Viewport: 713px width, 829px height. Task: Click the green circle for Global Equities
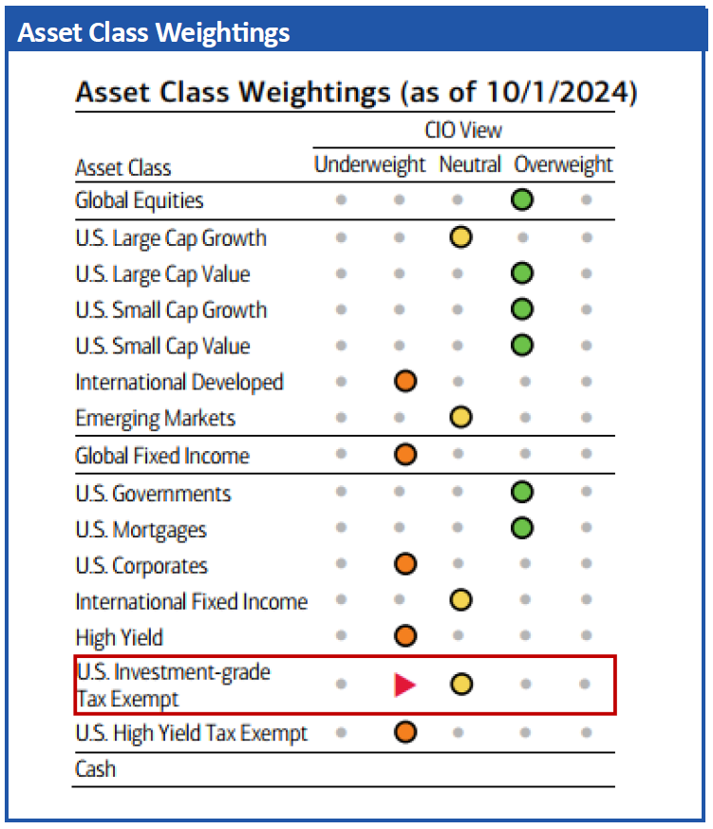(521, 200)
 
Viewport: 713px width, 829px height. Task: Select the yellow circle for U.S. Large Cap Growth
(461, 237)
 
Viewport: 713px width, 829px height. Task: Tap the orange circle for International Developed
(405, 382)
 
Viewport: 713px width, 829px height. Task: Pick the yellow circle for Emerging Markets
(461, 418)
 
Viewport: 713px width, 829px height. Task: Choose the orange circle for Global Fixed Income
(405, 455)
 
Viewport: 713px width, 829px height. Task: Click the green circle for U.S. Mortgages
(521, 529)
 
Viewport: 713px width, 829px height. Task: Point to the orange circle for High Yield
(405, 636)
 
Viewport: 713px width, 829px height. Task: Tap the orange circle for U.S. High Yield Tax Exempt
(405, 733)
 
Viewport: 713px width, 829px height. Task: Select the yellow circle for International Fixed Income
(461, 601)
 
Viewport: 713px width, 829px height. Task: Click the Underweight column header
(369, 165)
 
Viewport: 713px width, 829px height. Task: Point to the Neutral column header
(469, 165)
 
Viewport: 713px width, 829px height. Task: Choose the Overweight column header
(563, 165)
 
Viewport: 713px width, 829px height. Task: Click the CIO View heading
(463, 130)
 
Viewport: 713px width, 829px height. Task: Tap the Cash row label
(95, 769)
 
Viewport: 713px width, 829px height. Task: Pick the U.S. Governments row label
(153, 494)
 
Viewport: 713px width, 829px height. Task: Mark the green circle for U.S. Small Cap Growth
(521, 310)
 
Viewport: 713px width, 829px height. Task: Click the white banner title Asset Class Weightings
(154, 32)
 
